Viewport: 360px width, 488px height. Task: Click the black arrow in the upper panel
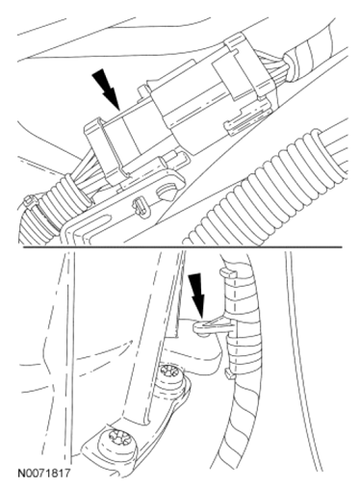pyautogui.click(x=107, y=89)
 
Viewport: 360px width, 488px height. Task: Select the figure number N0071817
pyautogui.click(x=43, y=473)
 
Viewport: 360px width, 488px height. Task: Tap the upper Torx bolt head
pyautogui.click(x=170, y=374)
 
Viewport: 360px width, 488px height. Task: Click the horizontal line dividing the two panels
pyautogui.click(x=182, y=247)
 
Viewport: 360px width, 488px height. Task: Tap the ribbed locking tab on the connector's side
pyautogui.click(x=247, y=118)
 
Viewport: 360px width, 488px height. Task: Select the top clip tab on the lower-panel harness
pyautogui.click(x=228, y=272)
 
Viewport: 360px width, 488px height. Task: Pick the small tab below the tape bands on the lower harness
pyautogui.click(x=229, y=373)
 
